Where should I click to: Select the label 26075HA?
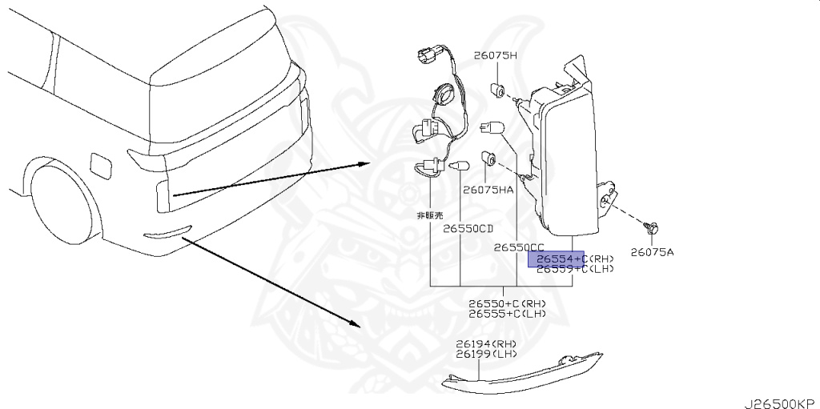click(x=488, y=190)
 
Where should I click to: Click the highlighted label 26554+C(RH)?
click(x=574, y=259)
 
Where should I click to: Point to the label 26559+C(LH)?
click(x=574, y=270)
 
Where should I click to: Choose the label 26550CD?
click(x=468, y=228)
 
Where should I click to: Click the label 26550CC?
click(x=519, y=248)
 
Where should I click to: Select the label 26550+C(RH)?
click(x=508, y=303)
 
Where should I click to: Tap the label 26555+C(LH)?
click(x=508, y=314)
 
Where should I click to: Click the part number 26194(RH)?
click(x=486, y=344)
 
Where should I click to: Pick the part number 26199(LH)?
click(x=486, y=354)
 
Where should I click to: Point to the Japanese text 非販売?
click(x=428, y=216)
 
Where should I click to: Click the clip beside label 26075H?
click(x=496, y=87)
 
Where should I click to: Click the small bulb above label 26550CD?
click(x=460, y=166)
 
